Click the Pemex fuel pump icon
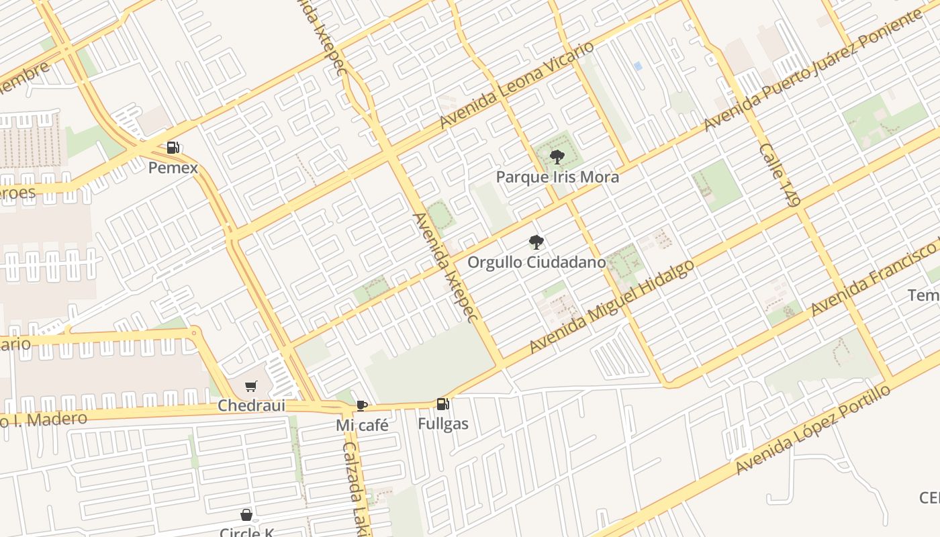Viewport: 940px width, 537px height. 173,147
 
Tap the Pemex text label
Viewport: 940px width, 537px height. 173,167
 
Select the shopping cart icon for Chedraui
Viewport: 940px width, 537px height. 251,386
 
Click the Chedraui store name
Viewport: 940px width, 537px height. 251,405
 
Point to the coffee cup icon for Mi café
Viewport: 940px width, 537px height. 361,405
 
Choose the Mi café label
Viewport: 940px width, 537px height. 362,425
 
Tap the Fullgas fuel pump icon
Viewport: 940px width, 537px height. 442,403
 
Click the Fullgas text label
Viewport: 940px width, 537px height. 442,424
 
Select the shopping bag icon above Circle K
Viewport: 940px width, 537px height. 246,515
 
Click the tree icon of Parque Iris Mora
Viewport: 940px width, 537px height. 557,157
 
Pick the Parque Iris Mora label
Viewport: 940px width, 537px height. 557,177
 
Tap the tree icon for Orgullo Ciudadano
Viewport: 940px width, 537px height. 536,242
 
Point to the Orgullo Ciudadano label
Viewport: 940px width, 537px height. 536,262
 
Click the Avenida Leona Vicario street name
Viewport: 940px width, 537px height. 517,85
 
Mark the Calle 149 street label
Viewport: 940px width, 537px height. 780,174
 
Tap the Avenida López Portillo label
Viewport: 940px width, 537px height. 813,429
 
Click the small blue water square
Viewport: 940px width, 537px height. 637,66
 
